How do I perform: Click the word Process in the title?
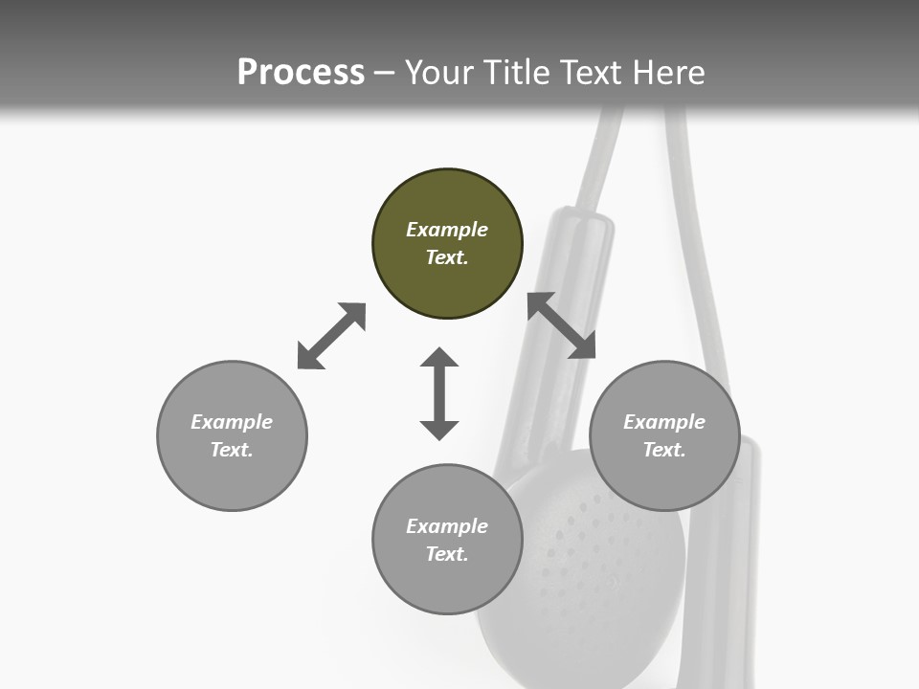coord(301,73)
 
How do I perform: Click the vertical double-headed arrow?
coord(439,393)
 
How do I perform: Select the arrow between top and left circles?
coord(331,336)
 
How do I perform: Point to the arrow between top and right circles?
coord(561,325)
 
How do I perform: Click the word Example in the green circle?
coord(447,230)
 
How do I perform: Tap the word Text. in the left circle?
coord(232,450)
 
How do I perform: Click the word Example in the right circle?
coord(664,422)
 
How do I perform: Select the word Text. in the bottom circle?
coord(447,554)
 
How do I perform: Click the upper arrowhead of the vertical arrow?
coord(439,358)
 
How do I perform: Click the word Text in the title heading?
coord(588,73)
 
